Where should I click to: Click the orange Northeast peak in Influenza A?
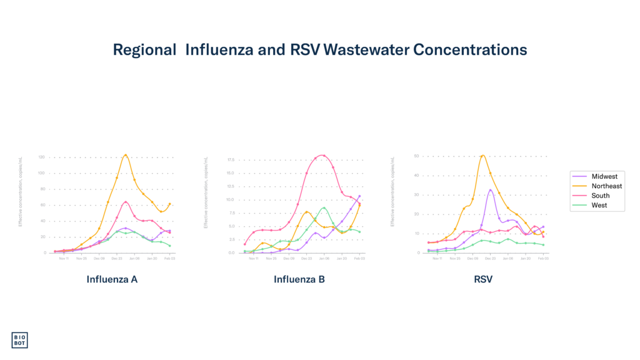click(x=126, y=154)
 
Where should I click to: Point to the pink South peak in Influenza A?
click(x=126, y=201)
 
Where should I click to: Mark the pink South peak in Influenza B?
click(x=322, y=155)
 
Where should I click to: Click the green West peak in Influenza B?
click(x=324, y=207)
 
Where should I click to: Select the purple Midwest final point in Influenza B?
click(x=359, y=196)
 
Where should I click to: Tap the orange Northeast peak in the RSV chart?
click(x=482, y=155)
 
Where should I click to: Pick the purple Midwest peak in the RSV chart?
click(x=491, y=189)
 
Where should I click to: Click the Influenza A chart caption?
click(x=112, y=279)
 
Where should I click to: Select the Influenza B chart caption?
click(x=299, y=279)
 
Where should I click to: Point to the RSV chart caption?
click(x=483, y=279)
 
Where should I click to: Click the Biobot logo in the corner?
click(x=19, y=340)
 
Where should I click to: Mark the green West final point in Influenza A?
click(x=170, y=246)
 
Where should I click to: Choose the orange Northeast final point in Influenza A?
click(x=170, y=204)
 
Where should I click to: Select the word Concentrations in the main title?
click(x=469, y=50)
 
